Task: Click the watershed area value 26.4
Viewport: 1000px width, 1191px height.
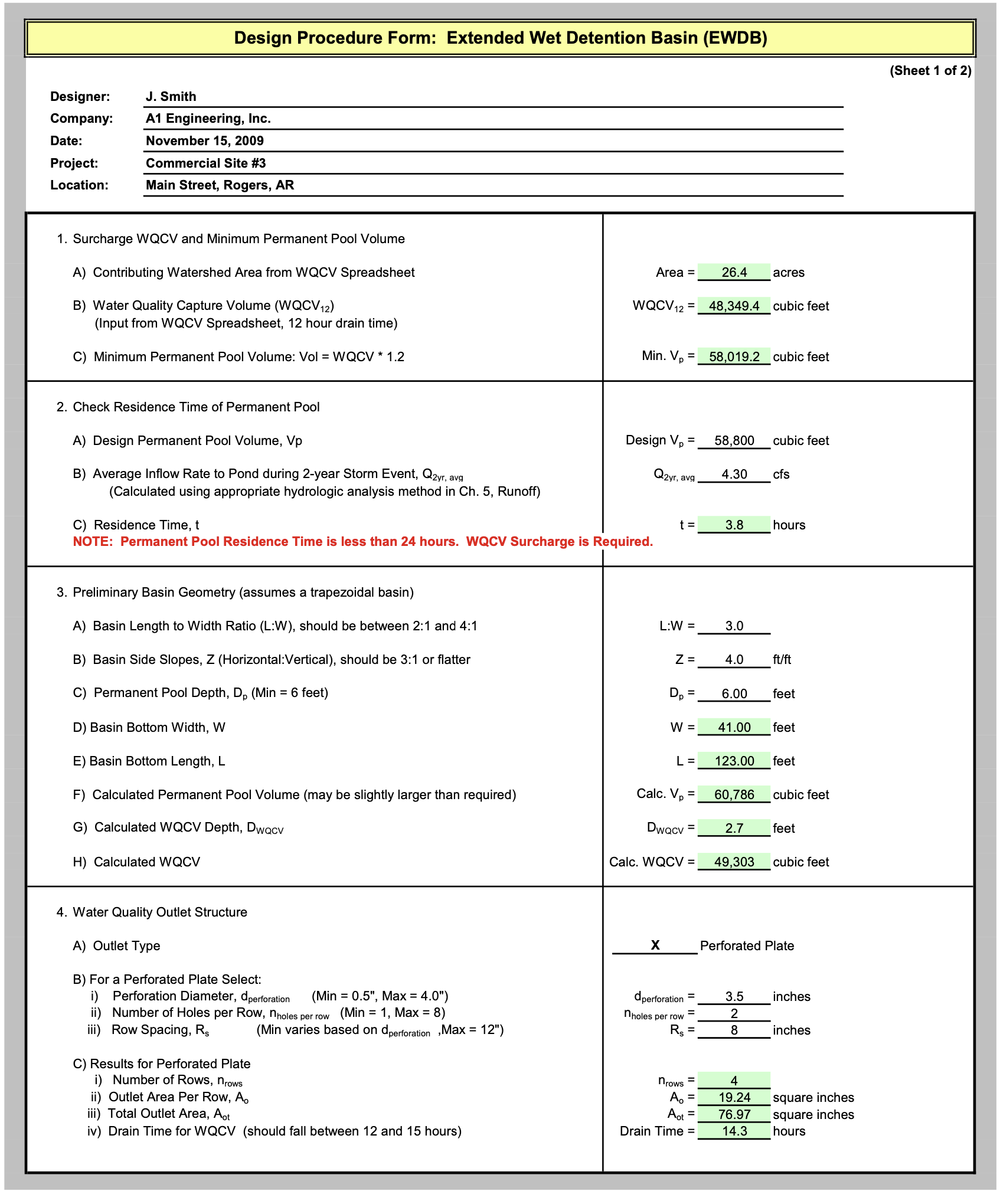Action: [734, 272]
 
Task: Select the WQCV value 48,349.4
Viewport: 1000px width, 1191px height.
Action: [734, 306]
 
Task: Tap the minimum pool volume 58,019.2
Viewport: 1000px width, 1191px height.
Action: [734, 356]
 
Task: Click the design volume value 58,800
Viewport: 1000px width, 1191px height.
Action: [734, 440]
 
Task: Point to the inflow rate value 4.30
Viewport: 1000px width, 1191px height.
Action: [734, 474]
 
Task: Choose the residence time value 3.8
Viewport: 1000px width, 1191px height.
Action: [734, 525]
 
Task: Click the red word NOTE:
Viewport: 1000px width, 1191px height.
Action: [93, 542]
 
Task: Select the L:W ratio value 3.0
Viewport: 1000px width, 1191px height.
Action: [734, 626]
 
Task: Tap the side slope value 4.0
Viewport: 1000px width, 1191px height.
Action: [734, 659]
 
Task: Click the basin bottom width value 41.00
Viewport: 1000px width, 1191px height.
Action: [734, 727]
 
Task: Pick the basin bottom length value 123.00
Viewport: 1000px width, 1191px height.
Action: [734, 761]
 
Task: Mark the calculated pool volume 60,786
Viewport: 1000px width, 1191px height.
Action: [734, 794]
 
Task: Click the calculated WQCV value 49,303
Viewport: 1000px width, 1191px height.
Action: [734, 862]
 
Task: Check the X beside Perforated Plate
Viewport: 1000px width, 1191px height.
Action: [655, 945]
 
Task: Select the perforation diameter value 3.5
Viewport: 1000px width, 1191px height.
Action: [734, 996]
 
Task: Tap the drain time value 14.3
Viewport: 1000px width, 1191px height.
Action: [734, 1131]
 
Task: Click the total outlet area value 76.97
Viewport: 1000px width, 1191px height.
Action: [734, 1114]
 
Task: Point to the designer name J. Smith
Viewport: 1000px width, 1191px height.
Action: [171, 96]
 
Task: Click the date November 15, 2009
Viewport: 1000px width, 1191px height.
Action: [204, 140]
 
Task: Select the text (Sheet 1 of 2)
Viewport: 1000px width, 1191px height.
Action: [930, 71]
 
